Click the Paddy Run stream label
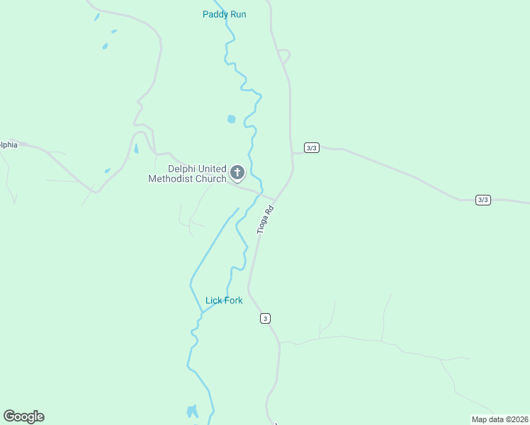tap(224, 14)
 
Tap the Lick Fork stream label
tap(224, 300)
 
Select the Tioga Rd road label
tap(265, 220)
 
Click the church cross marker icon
tap(237, 172)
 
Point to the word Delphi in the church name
tap(180, 169)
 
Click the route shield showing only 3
tap(265, 319)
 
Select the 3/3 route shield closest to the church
tap(312, 147)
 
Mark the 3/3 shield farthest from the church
tap(483, 200)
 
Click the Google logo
tap(24, 416)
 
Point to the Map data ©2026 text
tap(500, 419)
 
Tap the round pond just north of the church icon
tap(232, 119)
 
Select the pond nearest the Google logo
tap(192, 411)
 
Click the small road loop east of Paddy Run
tap(284, 55)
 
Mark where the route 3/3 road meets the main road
tap(292, 152)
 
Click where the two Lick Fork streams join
tap(203, 312)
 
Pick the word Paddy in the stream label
tap(215, 14)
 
